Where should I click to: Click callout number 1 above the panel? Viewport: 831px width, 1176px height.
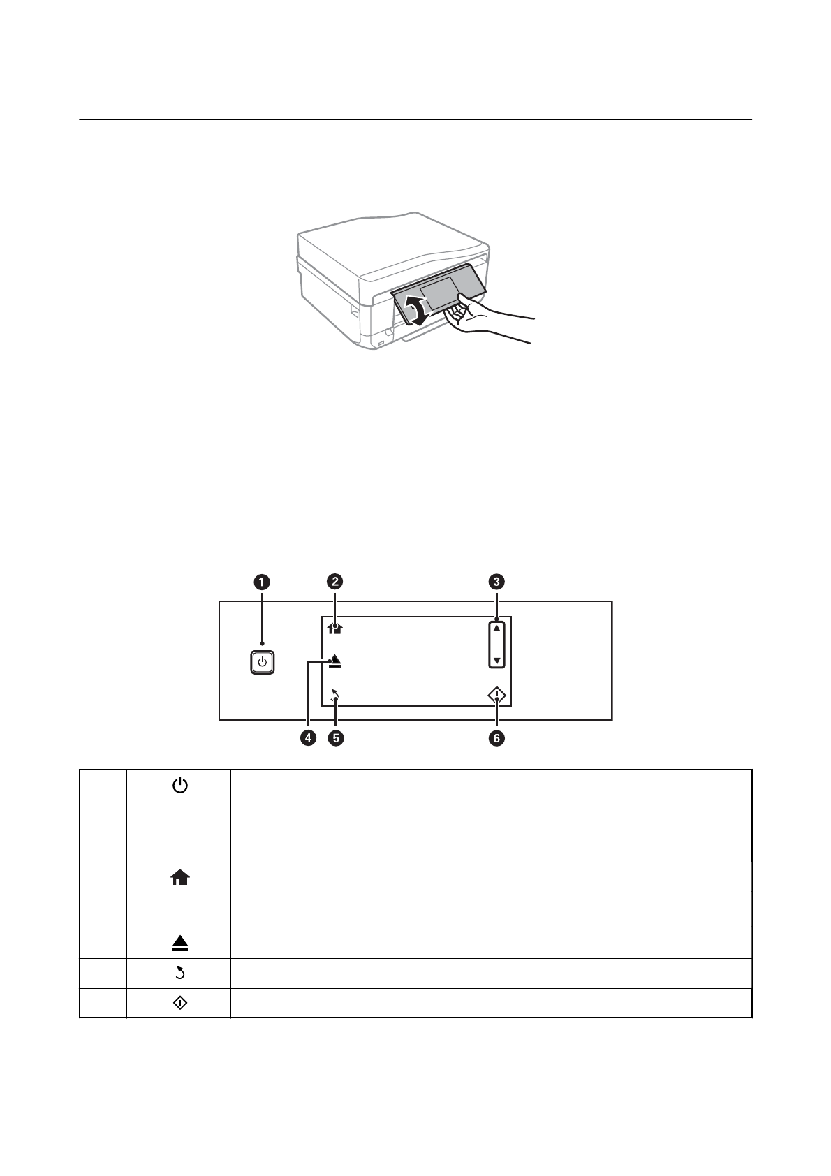(x=262, y=582)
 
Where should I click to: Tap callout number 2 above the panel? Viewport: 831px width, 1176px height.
(x=335, y=582)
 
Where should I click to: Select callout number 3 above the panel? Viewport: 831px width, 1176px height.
(x=497, y=582)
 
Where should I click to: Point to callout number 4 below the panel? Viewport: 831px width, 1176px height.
(x=307, y=738)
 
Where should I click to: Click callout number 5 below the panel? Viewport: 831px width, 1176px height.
(x=336, y=738)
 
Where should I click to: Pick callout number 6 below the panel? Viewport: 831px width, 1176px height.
(x=497, y=738)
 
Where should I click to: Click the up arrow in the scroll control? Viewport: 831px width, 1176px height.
(x=497, y=629)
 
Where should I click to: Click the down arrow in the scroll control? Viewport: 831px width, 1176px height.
(x=497, y=660)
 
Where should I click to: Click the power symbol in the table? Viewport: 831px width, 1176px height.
(x=180, y=787)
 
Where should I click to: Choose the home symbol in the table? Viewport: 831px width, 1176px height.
(x=180, y=879)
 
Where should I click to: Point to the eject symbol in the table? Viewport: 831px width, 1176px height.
(x=180, y=944)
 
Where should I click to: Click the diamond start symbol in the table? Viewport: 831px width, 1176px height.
(x=180, y=1004)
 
